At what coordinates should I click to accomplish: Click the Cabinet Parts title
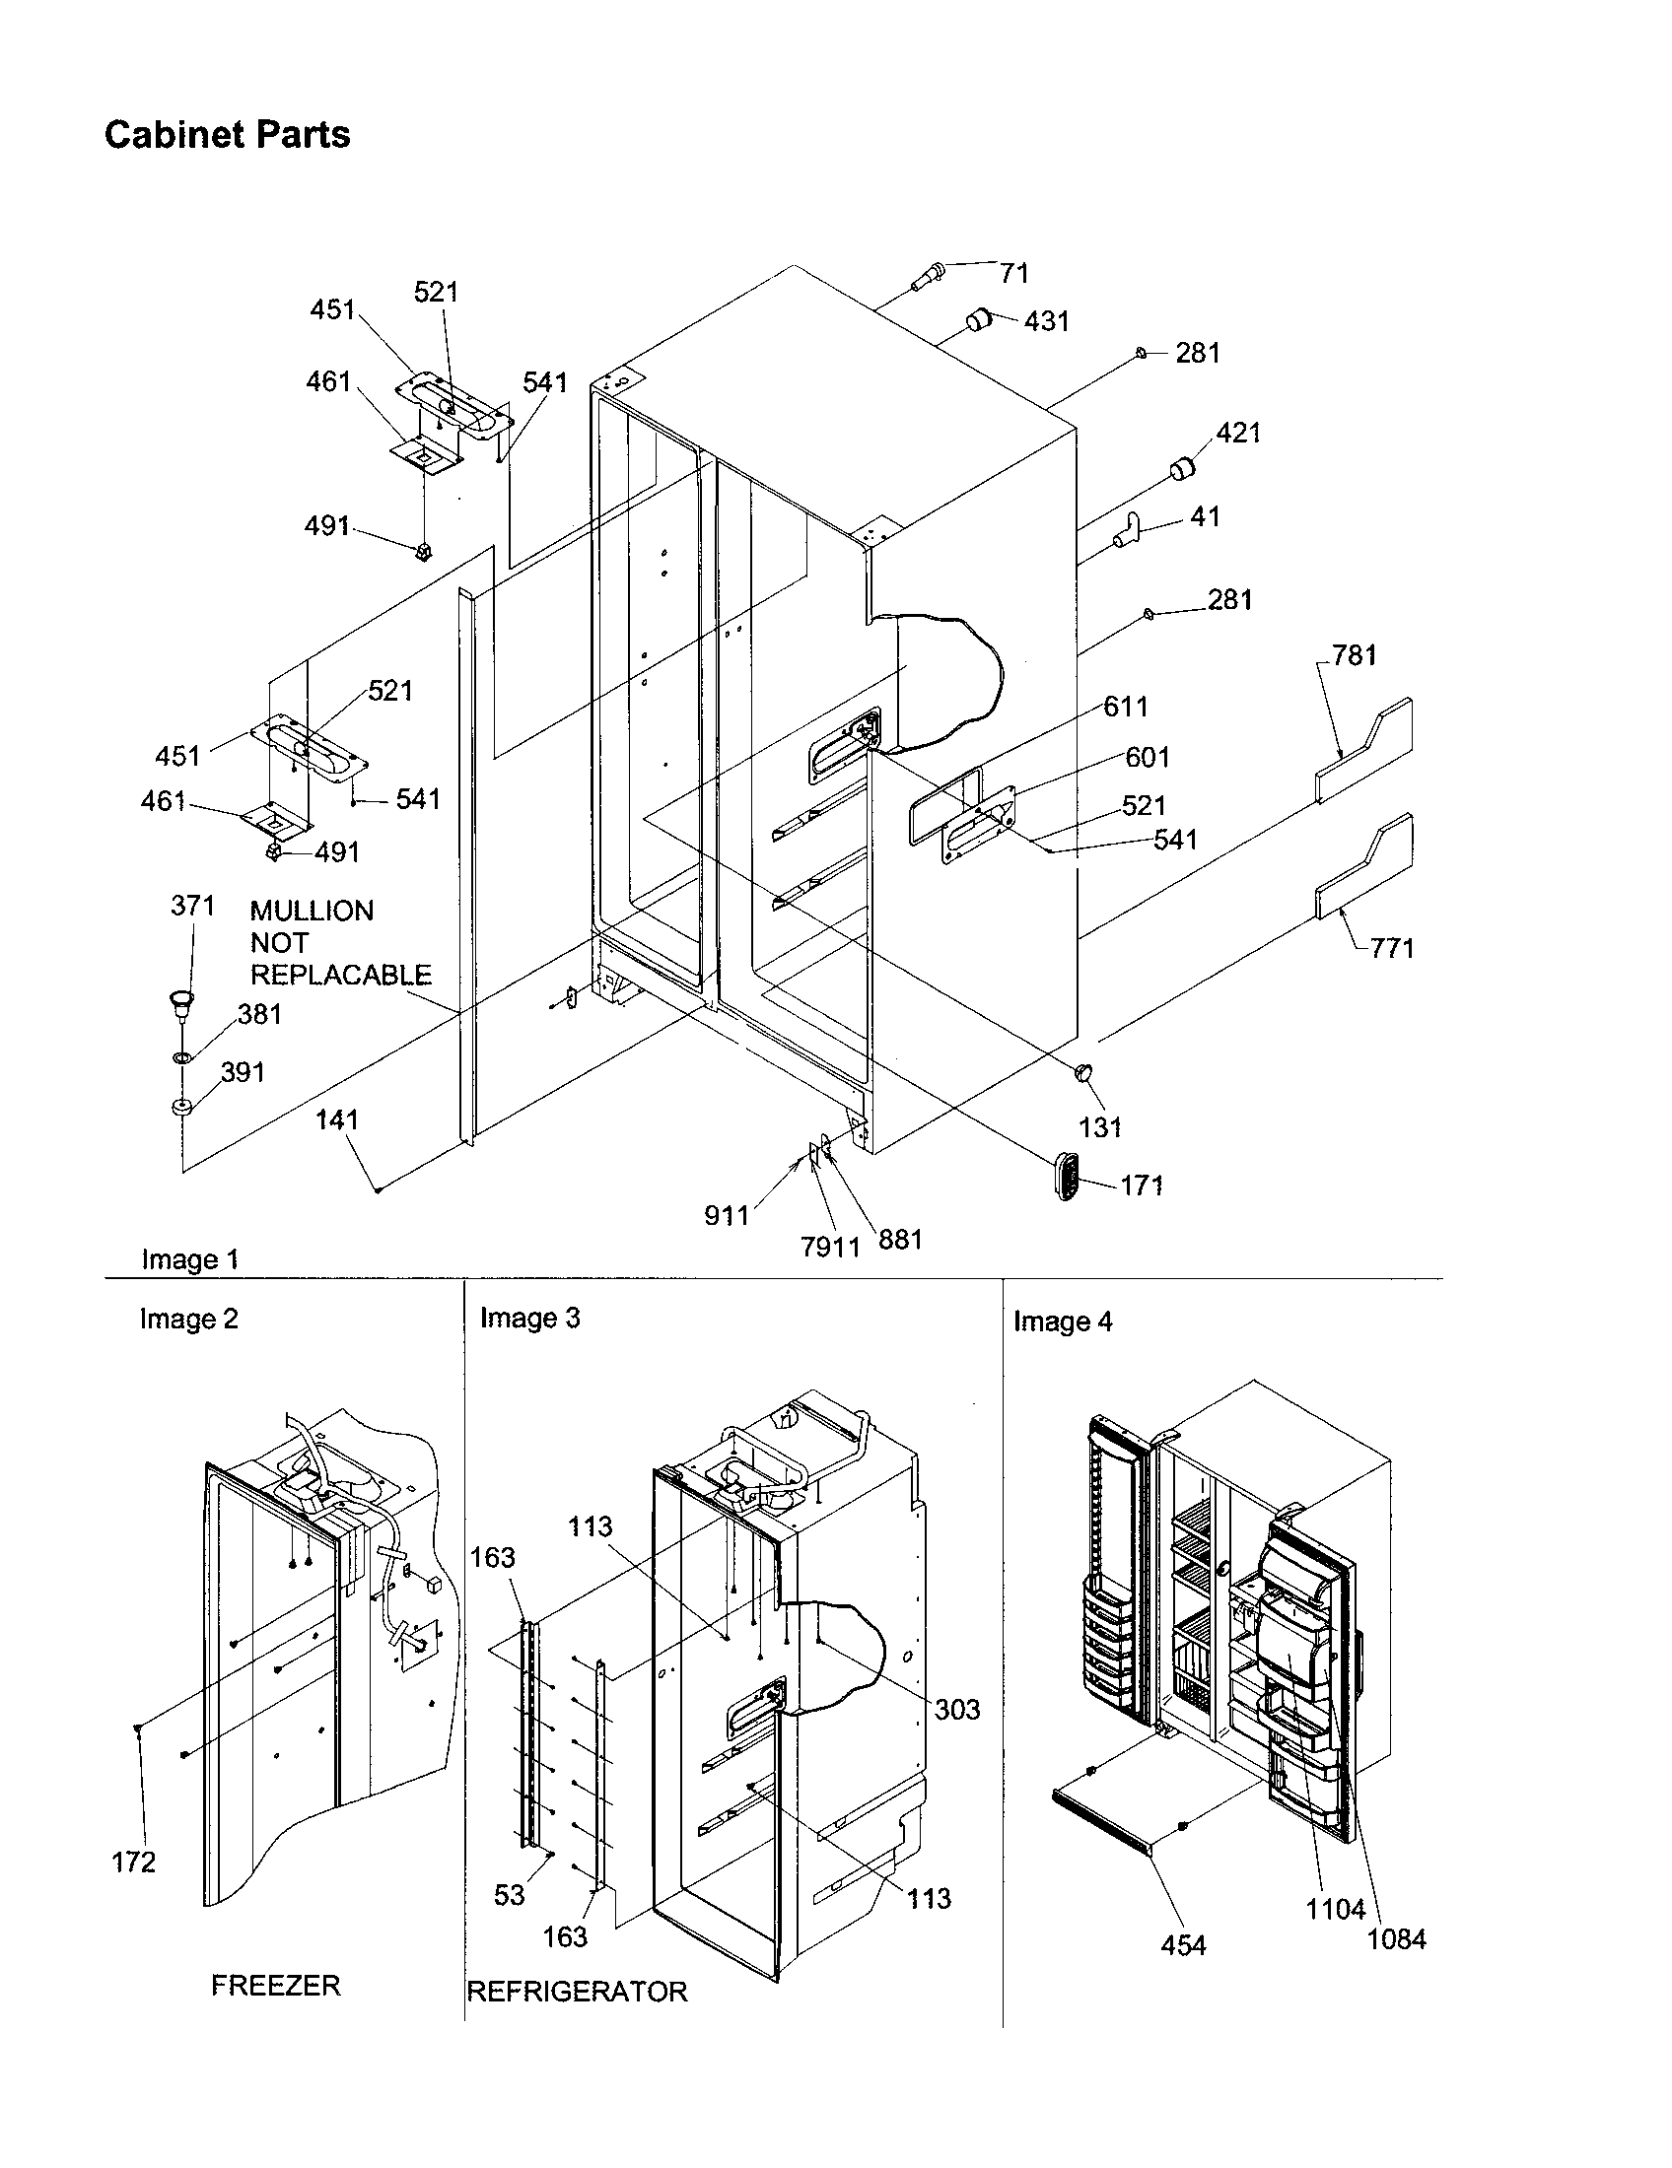(228, 135)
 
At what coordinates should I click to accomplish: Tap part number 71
(1013, 273)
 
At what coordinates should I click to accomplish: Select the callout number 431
(1046, 321)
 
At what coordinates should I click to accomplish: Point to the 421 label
(1238, 433)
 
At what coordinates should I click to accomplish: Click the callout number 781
(1355, 655)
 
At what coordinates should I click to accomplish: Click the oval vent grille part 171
(1067, 1178)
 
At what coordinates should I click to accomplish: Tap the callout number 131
(1100, 1127)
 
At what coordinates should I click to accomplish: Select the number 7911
(830, 1247)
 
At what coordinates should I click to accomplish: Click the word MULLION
(312, 912)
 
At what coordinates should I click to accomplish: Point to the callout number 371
(192, 906)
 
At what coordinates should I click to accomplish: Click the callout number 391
(243, 1072)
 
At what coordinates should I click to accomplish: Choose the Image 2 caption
(188, 1320)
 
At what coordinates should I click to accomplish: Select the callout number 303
(956, 1710)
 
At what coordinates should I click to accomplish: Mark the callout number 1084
(1396, 1938)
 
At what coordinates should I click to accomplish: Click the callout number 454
(1182, 1945)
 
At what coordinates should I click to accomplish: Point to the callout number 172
(134, 1863)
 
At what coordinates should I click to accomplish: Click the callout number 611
(1126, 707)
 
